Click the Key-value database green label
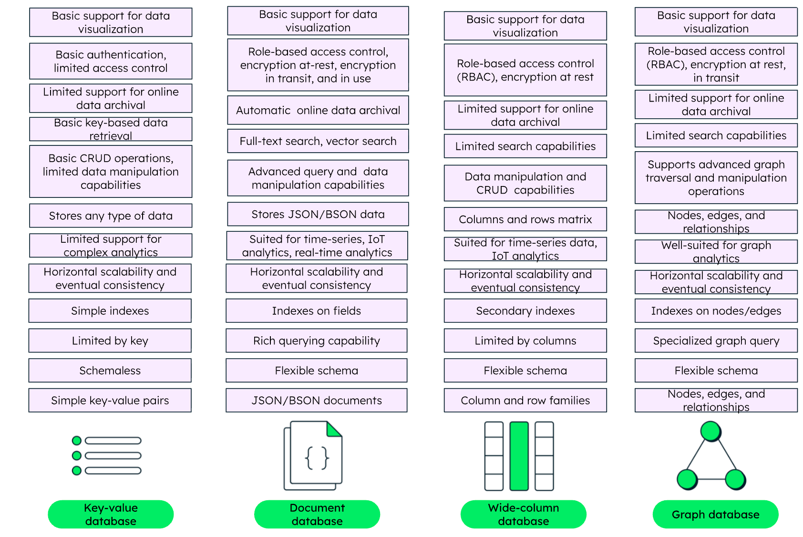[x=111, y=514]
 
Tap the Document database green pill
[x=317, y=514]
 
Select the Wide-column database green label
[x=523, y=514]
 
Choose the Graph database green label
[x=715, y=514]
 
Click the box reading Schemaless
[x=110, y=371]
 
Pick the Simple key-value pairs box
[x=110, y=400]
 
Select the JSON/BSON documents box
[x=317, y=400]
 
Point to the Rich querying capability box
[x=317, y=341]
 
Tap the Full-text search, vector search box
[x=318, y=141]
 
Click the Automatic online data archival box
[x=318, y=110]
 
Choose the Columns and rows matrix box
[x=525, y=219]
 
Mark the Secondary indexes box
[x=525, y=311]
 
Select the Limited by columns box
[x=525, y=341]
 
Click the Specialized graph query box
[x=716, y=341]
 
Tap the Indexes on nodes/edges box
[x=716, y=311]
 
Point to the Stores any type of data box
[x=111, y=216]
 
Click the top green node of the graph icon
[x=710, y=431]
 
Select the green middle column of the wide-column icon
[x=519, y=456]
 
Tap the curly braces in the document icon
[x=317, y=458]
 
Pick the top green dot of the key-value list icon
[x=77, y=441]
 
